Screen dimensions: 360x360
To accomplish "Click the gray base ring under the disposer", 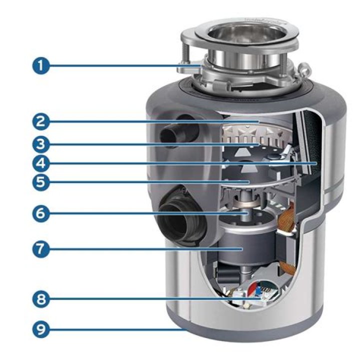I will pyautogui.click(x=250, y=336).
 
